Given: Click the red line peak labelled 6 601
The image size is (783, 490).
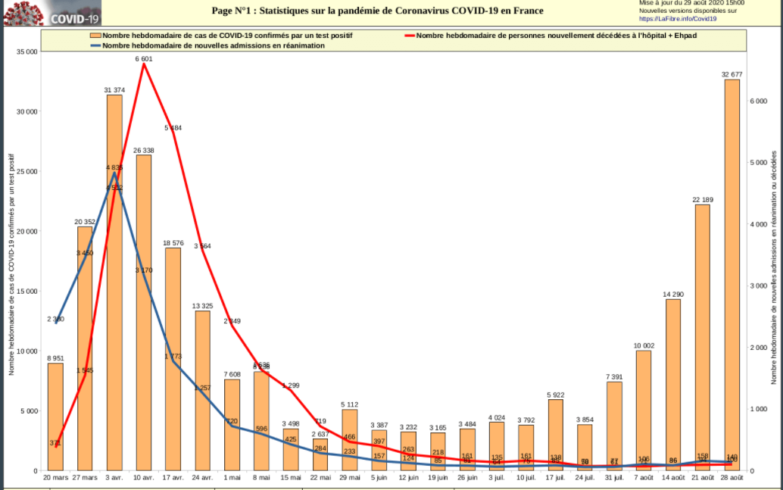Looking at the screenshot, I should click(x=144, y=64).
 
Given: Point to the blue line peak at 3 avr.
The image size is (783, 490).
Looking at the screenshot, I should click(x=114, y=173).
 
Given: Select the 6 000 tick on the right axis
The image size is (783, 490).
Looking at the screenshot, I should click(x=760, y=101).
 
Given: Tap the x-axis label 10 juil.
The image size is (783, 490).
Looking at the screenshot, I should click(x=526, y=478).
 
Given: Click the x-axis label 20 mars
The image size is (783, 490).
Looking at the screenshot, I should click(x=55, y=478).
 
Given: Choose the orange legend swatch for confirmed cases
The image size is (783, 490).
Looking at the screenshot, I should click(x=95, y=36).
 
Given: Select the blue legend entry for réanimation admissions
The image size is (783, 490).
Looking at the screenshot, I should click(x=212, y=45).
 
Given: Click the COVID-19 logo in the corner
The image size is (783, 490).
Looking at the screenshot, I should click(x=51, y=13).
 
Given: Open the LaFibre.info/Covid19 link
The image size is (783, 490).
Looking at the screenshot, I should click(x=678, y=18).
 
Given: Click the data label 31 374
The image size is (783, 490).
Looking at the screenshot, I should click(x=114, y=89).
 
